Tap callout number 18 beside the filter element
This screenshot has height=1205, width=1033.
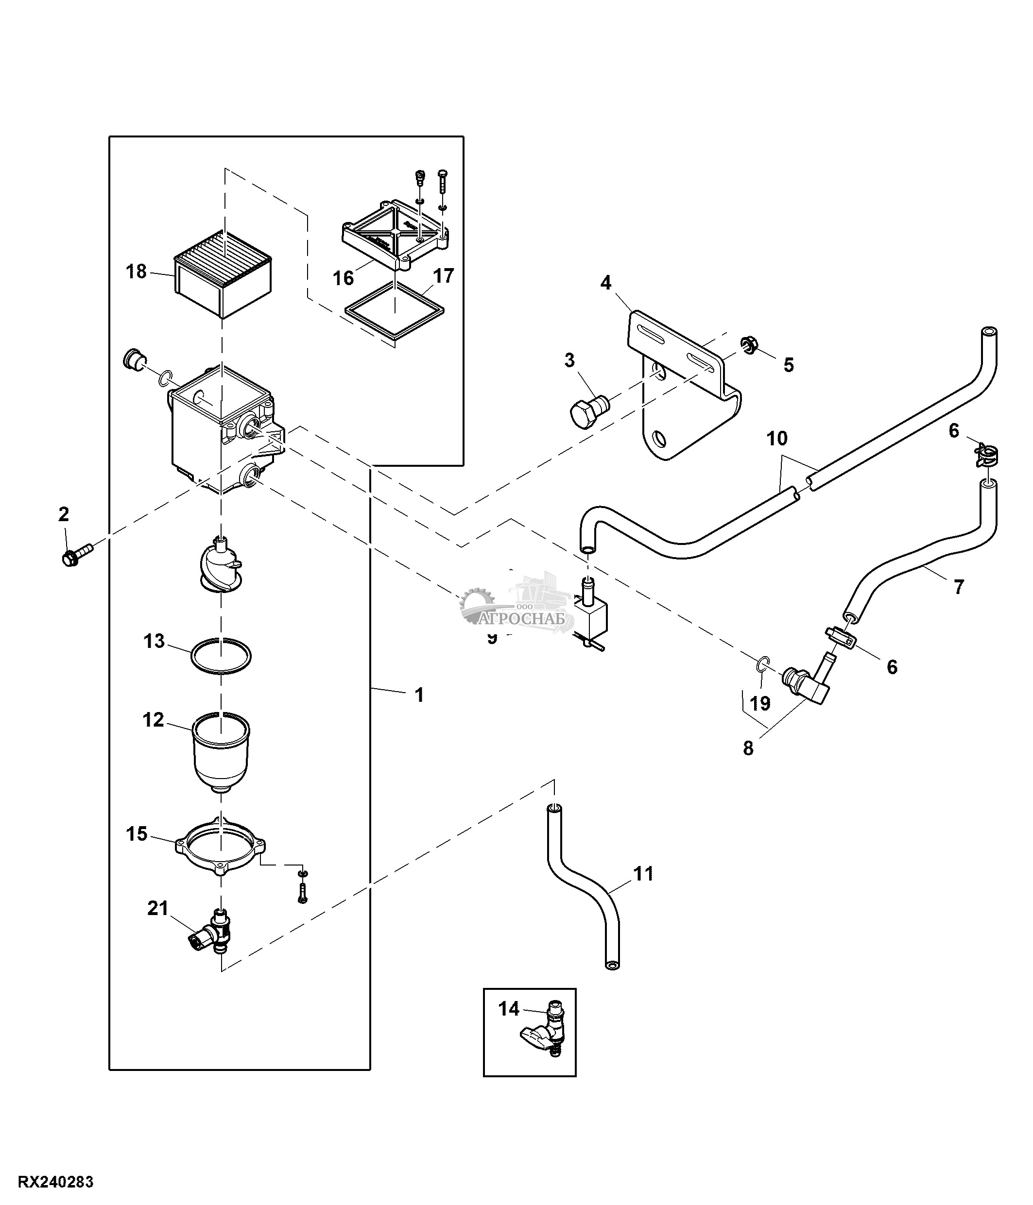(x=137, y=272)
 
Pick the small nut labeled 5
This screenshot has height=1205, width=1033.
(x=750, y=345)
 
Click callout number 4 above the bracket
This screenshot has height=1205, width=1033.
(x=605, y=283)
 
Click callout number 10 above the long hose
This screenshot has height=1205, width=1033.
(x=777, y=438)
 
